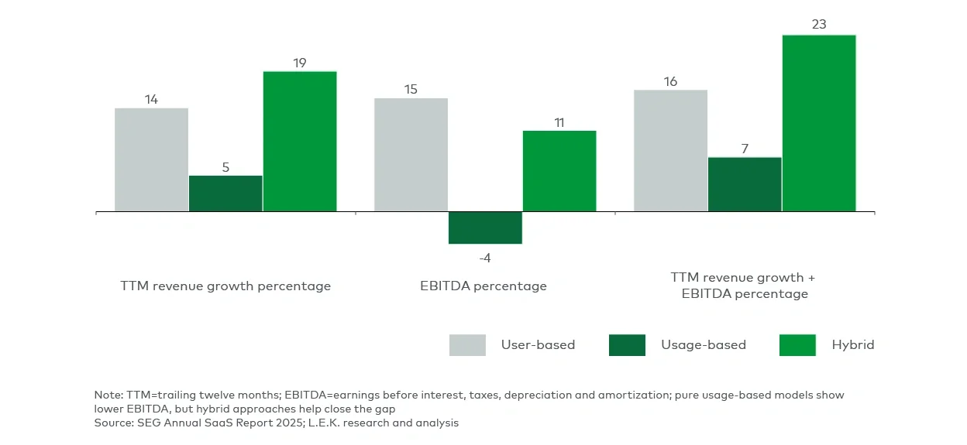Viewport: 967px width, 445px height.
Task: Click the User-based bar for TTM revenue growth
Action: click(x=152, y=159)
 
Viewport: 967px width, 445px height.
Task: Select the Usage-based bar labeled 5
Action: click(x=225, y=193)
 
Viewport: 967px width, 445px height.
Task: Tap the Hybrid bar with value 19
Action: click(x=300, y=141)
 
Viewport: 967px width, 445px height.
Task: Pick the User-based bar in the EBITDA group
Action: click(x=411, y=155)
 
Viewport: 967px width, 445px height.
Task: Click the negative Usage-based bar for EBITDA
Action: click(x=485, y=228)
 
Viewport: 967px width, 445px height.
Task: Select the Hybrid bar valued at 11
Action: click(x=559, y=171)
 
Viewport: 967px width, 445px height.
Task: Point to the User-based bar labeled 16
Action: click(x=670, y=151)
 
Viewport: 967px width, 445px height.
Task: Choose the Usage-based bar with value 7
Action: click(x=745, y=184)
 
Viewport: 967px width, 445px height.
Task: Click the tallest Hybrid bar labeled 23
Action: click(x=819, y=123)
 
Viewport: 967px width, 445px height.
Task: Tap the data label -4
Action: click(x=485, y=258)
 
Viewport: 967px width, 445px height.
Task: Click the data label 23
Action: click(x=819, y=25)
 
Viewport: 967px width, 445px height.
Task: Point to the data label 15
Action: click(x=411, y=89)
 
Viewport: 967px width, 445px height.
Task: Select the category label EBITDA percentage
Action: click(x=483, y=286)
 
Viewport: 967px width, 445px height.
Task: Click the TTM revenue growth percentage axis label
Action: click(x=225, y=286)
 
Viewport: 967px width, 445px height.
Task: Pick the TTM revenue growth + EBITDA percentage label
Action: click(x=743, y=286)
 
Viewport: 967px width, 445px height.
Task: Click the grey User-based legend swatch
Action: click(x=467, y=345)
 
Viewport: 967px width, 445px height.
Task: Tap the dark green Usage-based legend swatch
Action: click(x=627, y=345)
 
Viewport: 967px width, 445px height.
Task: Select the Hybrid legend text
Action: click(x=852, y=345)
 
